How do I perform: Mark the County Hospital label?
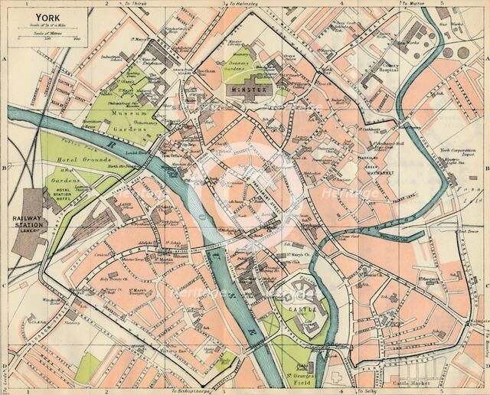[x=373, y=77]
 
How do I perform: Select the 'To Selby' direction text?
[x=364, y=390]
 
